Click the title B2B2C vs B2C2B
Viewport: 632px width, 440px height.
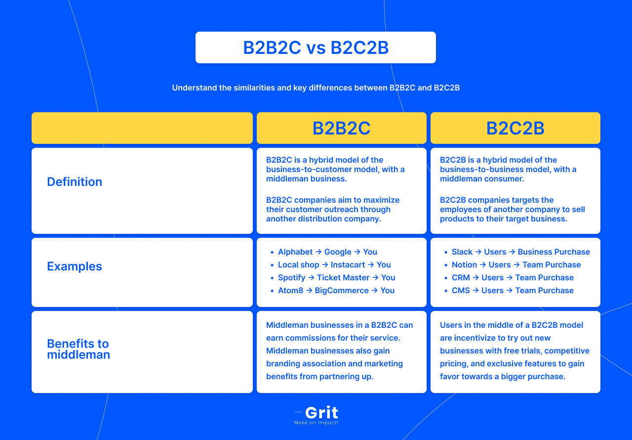coord(316,48)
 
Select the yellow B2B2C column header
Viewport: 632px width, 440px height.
coord(341,128)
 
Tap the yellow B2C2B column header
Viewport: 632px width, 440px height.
coord(515,128)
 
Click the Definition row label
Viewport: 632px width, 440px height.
coord(75,182)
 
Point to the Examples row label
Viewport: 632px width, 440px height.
coord(75,266)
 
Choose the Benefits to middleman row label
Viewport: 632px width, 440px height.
coord(79,349)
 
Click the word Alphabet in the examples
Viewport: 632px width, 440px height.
coord(295,252)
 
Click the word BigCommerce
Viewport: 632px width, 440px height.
coord(342,291)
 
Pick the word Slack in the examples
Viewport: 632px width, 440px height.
coord(462,252)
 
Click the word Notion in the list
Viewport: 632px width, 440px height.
coord(464,265)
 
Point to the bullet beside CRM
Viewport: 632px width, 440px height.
coord(446,278)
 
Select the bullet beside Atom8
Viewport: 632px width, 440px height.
coord(272,291)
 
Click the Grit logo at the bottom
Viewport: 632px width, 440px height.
coord(321,412)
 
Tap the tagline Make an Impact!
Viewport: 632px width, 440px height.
coord(316,423)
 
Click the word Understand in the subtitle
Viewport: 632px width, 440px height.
coord(195,88)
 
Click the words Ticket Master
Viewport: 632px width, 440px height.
coord(343,278)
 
